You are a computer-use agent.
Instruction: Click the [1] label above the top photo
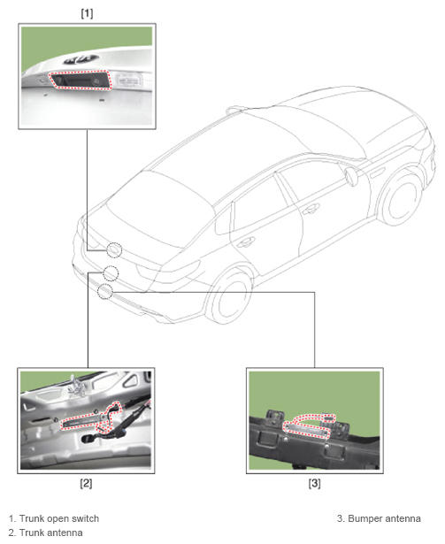pyautogui.click(x=87, y=13)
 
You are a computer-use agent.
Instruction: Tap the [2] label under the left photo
pyautogui.click(x=86, y=483)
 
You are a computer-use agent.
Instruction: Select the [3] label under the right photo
pyautogui.click(x=314, y=483)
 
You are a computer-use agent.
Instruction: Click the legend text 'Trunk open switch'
pyautogui.click(x=59, y=518)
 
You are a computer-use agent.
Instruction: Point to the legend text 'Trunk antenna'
pyautogui.click(x=51, y=533)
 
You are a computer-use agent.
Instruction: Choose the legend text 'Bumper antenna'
pyautogui.click(x=384, y=518)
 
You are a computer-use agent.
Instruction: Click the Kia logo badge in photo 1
pyautogui.click(x=81, y=59)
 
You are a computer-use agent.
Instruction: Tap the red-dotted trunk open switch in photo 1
pyautogui.click(x=81, y=80)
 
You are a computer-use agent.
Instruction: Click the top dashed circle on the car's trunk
pyautogui.click(x=114, y=250)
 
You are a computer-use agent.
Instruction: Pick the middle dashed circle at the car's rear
pyautogui.click(x=111, y=273)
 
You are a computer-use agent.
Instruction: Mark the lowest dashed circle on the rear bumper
pyautogui.click(x=104, y=291)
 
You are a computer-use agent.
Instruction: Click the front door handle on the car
pyautogui.click(x=310, y=210)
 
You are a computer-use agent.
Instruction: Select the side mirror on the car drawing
pyautogui.click(x=351, y=176)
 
